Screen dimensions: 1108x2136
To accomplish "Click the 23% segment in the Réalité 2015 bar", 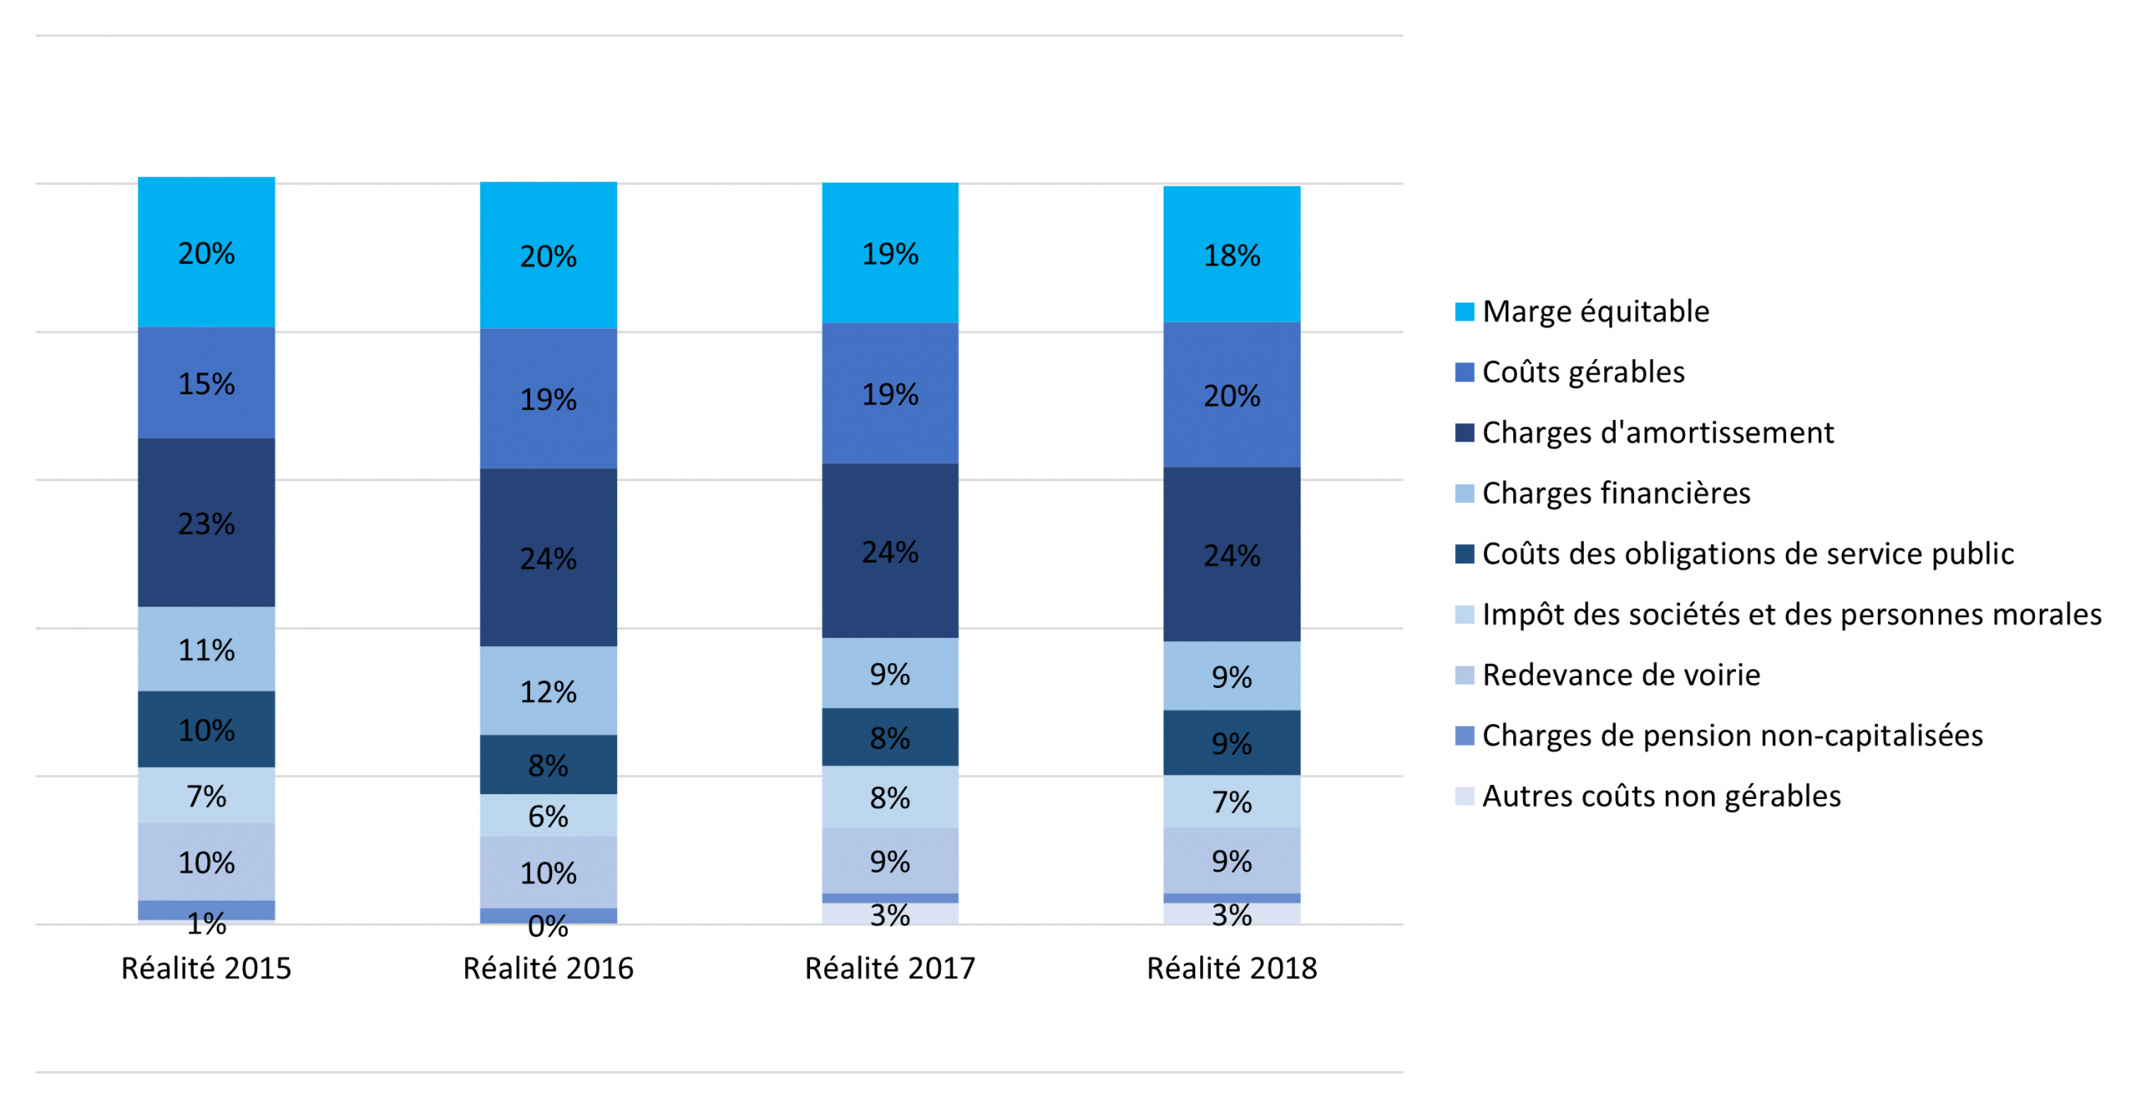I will pos(206,523).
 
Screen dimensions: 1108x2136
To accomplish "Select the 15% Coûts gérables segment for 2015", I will pos(206,383).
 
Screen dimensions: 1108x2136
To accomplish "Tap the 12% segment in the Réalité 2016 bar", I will pos(548,690).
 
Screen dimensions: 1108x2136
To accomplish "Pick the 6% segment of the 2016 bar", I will pos(548,816).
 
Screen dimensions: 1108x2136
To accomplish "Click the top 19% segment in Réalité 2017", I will pos(890,253).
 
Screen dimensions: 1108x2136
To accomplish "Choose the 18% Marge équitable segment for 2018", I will pos(1231,255).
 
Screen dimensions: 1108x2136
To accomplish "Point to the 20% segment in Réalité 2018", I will pos(1231,395).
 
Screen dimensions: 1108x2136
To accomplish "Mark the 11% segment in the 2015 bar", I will pos(206,649).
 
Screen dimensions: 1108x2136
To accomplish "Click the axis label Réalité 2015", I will pos(206,968).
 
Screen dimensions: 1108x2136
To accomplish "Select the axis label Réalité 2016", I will pos(548,968).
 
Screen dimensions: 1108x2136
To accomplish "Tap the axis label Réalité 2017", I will pos(890,968).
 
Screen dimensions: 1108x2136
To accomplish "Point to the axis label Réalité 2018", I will pos(1231,968).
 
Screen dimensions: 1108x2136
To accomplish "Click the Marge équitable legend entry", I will pos(1595,312).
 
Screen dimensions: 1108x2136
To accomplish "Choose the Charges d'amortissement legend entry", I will pos(1658,433).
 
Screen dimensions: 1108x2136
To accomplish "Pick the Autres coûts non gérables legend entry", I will pos(1661,796).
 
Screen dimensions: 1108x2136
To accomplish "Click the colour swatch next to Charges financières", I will pos(1464,493).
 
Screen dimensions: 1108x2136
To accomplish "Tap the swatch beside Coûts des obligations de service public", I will pos(1464,554).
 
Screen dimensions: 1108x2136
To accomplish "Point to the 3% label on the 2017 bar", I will pos(890,916).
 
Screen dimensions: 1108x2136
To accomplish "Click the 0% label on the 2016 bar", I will pos(548,926).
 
